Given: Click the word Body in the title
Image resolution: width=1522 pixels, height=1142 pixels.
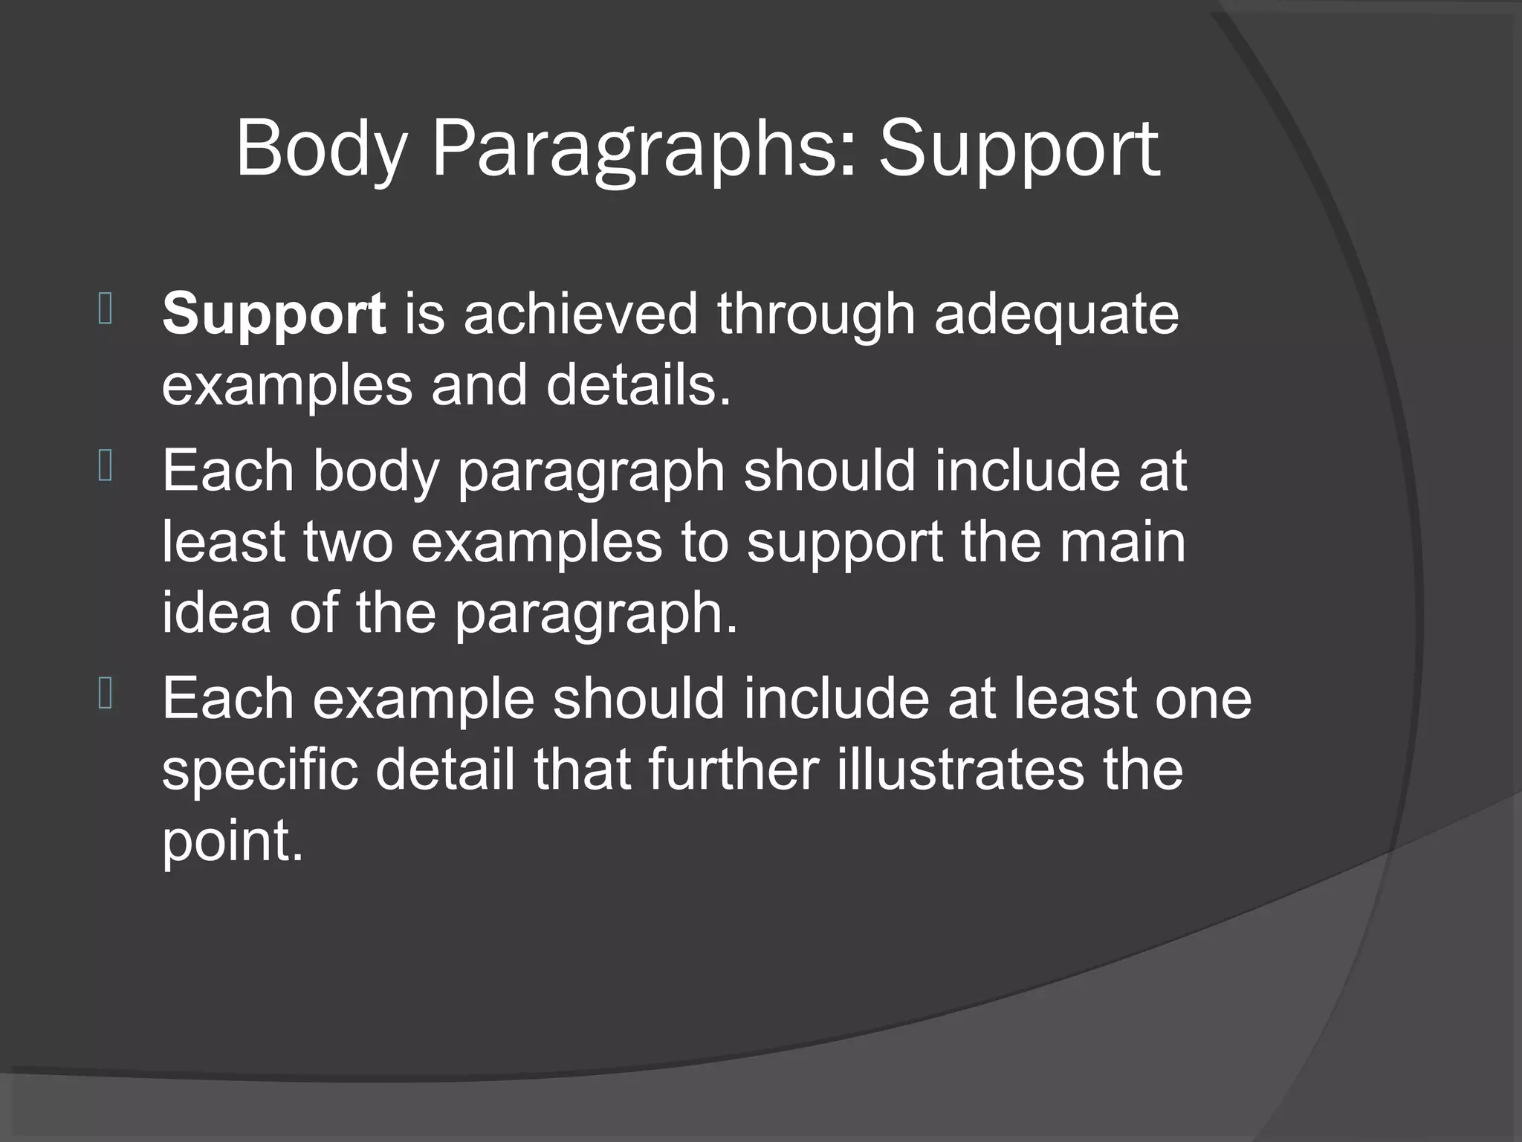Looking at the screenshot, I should click(322, 151).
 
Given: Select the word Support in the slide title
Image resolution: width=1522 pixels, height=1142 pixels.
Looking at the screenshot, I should click(1019, 151).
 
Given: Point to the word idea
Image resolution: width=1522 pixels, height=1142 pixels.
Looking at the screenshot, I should click(216, 613).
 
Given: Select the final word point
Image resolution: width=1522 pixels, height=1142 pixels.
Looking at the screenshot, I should click(232, 842).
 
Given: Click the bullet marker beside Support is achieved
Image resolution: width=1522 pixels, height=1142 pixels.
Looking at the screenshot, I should click(105, 309).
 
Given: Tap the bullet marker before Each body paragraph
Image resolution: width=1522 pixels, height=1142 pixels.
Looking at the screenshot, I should click(105, 468).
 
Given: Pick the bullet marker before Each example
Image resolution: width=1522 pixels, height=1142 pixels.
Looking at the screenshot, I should click(105, 695).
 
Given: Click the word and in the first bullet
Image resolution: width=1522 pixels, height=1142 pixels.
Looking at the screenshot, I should click(479, 385).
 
